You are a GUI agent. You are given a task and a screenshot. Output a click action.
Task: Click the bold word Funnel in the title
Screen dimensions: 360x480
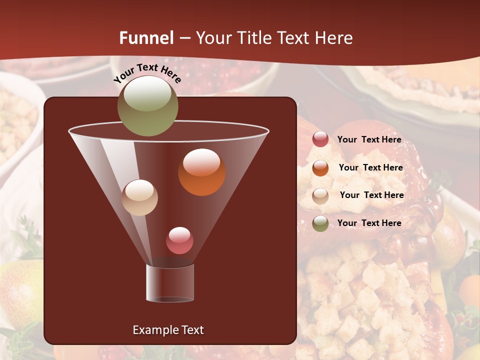point(146,38)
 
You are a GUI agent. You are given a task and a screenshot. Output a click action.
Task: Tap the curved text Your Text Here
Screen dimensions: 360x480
point(147,72)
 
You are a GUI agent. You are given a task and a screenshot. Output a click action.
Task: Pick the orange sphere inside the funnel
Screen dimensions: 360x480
point(201,172)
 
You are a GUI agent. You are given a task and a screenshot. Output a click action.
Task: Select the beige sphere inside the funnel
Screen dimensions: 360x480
point(140,197)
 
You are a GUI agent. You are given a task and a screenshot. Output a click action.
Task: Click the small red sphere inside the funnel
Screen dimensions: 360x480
point(179,240)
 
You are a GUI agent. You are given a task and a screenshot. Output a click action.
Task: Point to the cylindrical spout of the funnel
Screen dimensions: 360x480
point(170,282)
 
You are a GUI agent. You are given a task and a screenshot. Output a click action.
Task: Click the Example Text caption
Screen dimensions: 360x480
point(168,330)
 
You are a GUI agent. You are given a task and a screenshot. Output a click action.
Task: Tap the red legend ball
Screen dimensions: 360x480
point(320,139)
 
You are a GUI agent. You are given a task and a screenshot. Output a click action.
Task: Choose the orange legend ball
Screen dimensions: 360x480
point(320,168)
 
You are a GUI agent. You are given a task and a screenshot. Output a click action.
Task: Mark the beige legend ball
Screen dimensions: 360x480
point(320,195)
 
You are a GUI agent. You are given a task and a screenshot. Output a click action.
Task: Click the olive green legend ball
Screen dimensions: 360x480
point(320,223)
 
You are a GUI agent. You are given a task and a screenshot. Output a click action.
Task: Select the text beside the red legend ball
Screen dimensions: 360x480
point(369,140)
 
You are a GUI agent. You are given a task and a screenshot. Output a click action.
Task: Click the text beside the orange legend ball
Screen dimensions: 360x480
point(370,168)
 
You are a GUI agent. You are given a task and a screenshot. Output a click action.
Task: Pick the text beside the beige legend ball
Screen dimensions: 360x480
point(371,195)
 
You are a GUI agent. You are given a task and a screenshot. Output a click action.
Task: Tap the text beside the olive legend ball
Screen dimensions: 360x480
point(369,223)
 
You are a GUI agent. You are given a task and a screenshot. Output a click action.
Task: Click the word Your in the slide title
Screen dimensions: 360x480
point(212,38)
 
